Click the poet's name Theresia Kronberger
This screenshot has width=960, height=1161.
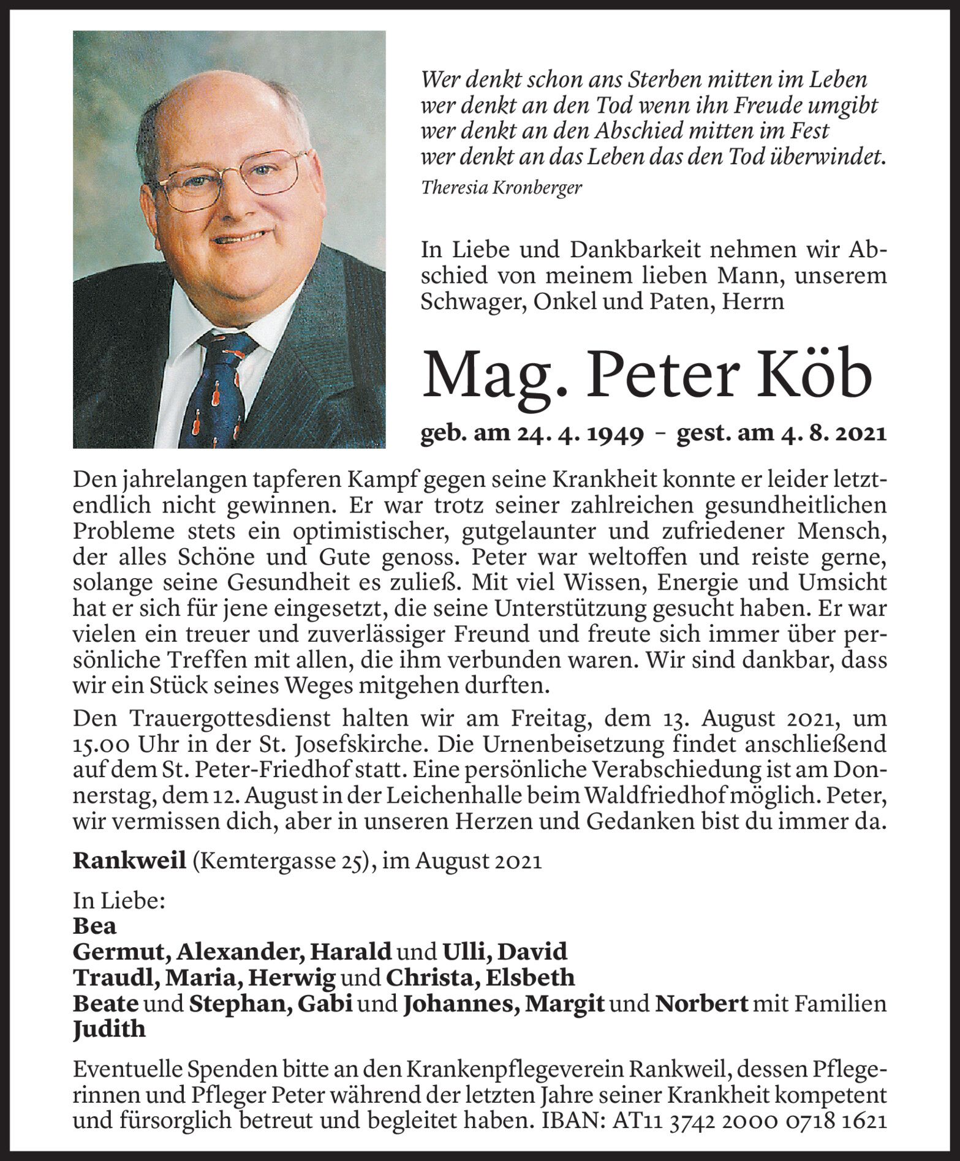502,187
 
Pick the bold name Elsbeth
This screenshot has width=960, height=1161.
530,978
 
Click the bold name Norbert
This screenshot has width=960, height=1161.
702,1004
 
